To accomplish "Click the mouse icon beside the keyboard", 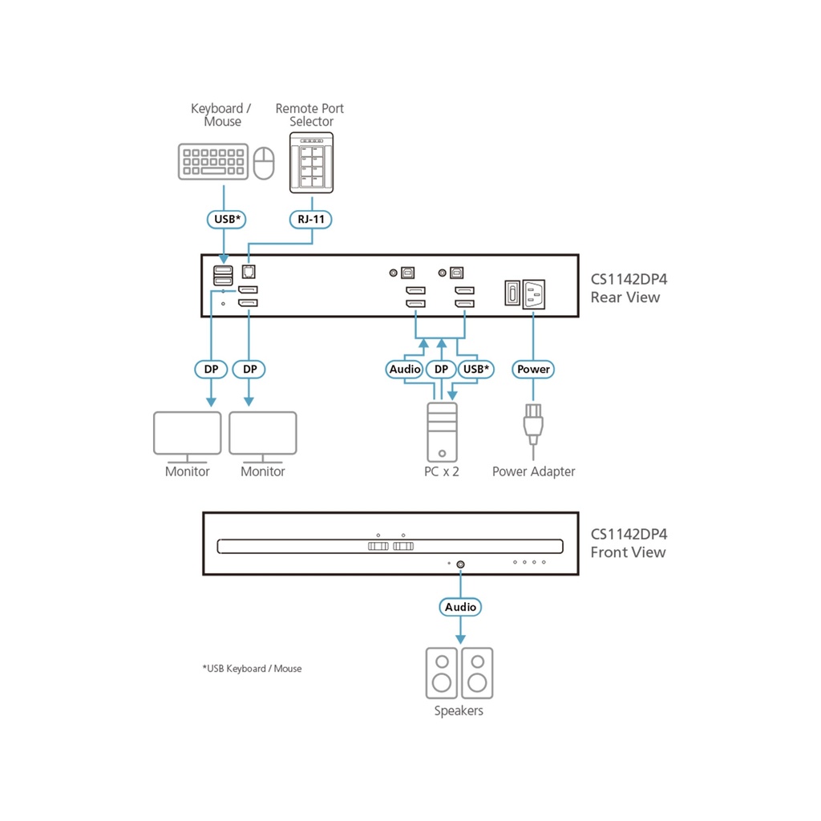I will pyautogui.click(x=264, y=164).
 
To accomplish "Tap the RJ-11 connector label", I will pyautogui.click(x=311, y=217).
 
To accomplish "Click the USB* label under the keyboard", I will pyautogui.click(x=223, y=217).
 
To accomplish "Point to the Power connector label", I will pyautogui.click(x=533, y=369).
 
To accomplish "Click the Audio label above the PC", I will pyautogui.click(x=405, y=369).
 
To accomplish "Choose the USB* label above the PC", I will pyautogui.click(x=476, y=369).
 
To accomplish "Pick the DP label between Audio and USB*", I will pyautogui.click(x=440, y=369).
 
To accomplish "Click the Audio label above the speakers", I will pyautogui.click(x=460, y=607).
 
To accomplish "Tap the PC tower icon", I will pyautogui.click(x=441, y=432).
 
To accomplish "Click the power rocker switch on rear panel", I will pyautogui.click(x=511, y=293).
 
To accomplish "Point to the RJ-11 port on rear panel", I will pyautogui.click(x=248, y=272).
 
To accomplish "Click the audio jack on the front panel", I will pyautogui.click(x=460, y=564).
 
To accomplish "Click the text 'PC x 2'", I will pyautogui.click(x=442, y=471).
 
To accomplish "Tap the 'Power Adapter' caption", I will pyautogui.click(x=533, y=471).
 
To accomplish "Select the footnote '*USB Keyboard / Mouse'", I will pyautogui.click(x=252, y=668).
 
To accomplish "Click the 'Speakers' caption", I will pyautogui.click(x=459, y=710).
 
